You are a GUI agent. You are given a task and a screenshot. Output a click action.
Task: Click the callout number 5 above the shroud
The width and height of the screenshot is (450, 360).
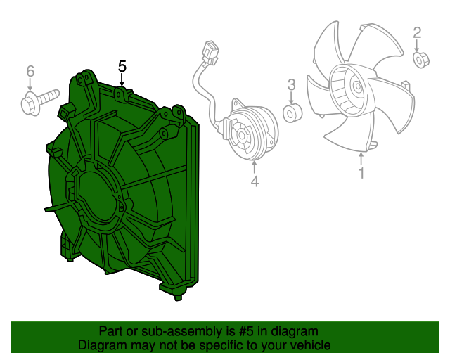point(122,66)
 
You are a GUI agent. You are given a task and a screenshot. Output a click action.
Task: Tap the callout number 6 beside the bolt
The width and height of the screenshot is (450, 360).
point(30,71)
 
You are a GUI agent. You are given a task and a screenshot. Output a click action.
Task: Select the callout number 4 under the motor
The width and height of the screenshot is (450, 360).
point(255,181)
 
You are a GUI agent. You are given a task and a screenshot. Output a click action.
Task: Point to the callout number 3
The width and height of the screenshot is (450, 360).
point(291,85)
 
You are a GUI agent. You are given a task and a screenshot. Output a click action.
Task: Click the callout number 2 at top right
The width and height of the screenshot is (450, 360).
point(417,33)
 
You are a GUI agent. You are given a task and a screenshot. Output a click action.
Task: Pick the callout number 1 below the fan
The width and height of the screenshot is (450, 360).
point(361,173)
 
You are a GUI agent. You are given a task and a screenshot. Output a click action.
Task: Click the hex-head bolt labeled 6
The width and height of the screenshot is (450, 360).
point(39,101)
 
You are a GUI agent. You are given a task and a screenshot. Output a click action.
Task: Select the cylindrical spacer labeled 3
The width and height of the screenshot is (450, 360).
point(292,113)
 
